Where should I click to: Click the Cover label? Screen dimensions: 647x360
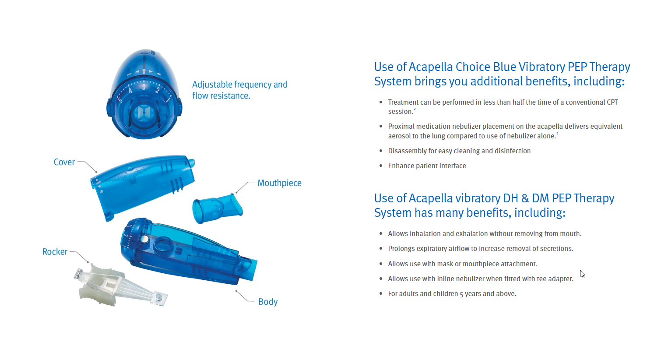(64, 162)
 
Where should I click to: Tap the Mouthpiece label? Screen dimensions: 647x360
(279, 183)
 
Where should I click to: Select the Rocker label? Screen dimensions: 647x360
(55, 252)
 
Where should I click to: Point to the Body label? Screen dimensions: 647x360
(268, 302)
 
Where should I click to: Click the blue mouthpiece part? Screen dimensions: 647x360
(217, 208)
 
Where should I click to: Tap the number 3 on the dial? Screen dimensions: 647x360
(144, 87)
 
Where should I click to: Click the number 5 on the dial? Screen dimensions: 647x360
(120, 101)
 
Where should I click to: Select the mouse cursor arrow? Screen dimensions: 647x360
(582, 274)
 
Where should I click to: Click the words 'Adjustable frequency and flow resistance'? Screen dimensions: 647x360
(240, 90)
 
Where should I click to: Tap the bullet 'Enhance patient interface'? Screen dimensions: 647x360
(427, 166)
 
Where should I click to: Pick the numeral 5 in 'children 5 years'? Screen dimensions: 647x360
(461, 294)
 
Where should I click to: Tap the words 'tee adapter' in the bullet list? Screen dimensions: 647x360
(555, 279)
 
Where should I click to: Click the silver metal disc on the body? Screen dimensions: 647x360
(144, 239)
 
